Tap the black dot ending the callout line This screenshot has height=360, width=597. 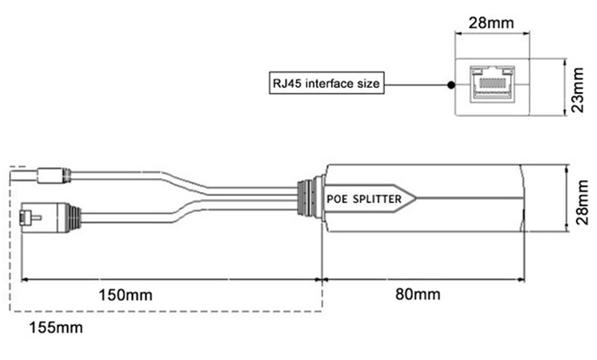[449, 84]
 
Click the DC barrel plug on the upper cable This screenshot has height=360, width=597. [50, 177]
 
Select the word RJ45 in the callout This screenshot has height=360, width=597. [284, 84]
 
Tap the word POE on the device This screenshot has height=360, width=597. [339, 199]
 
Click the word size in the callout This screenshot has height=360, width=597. [365, 84]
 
